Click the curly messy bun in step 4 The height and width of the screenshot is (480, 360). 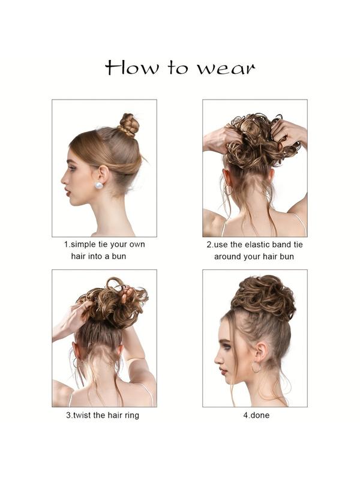point(264,298)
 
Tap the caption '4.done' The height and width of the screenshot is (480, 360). point(255,415)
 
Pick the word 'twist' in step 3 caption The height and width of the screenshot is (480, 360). point(87,415)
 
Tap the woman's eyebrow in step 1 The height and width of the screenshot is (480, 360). point(74,161)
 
